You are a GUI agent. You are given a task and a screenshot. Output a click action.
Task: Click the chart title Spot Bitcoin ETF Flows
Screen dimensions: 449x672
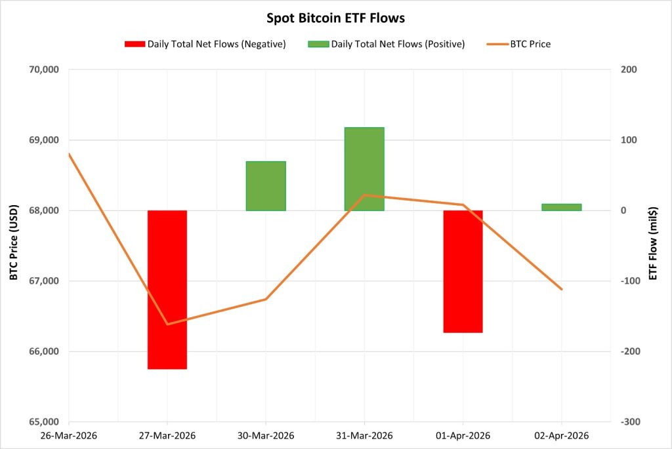pyautogui.click(x=335, y=18)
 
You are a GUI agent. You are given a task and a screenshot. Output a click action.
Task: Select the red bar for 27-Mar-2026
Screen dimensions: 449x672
pyautogui.click(x=167, y=289)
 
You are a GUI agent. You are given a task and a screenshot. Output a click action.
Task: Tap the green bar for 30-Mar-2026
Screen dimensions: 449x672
pyautogui.click(x=266, y=185)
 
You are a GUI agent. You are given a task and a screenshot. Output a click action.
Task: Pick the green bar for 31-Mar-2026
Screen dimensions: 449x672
pyautogui.click(x=364, y=168)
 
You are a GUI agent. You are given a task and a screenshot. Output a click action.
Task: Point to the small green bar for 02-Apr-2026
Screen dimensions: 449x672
pyautogui.click(x=562, y=207)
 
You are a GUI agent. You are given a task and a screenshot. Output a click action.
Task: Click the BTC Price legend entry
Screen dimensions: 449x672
pyautogui.click(x=518, y=45)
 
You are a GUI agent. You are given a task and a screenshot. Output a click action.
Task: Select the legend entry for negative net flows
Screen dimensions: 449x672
pyautogui.click(x=205, y=45)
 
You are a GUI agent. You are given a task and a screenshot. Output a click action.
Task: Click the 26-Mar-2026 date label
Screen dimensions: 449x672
pyautogui.click(x=68, y=436)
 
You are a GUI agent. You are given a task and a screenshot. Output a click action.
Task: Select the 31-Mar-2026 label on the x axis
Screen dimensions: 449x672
pyautogui.click(x=364, y=436)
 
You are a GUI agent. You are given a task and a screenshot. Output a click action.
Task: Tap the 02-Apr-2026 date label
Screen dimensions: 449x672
pyautogui.click(x=562, y=436)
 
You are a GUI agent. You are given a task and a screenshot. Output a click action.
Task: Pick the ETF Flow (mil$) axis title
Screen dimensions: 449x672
pyautogui.click(x=653, y=245)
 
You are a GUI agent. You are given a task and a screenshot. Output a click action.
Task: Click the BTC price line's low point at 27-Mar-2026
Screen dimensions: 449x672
pyautogui.click(x=167, y=324)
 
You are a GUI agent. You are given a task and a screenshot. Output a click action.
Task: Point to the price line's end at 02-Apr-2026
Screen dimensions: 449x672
pyautogui.click(x=562, y=289)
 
